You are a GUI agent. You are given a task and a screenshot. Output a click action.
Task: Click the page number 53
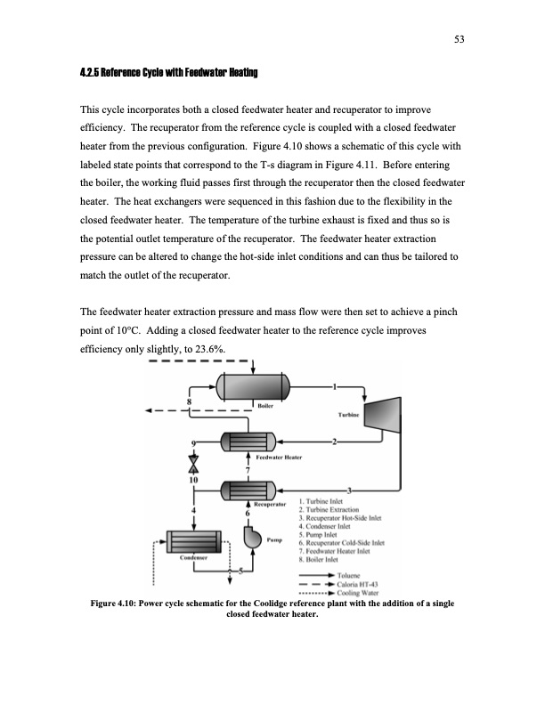tap(460, 39)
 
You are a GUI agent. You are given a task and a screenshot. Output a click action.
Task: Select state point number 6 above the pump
tap(237, 511)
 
